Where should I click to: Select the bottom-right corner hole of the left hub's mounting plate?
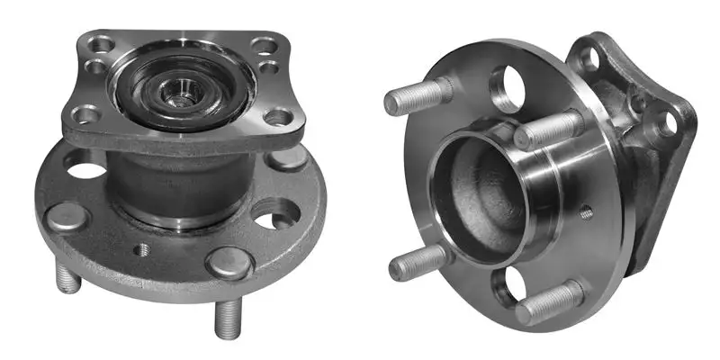277,117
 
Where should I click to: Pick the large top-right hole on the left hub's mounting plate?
263,43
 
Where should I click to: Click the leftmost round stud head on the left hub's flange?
67,217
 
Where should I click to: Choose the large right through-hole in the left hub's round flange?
275,214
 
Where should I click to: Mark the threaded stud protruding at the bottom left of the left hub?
71,279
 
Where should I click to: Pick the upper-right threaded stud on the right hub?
548,130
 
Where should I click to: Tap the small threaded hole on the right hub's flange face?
586,213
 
